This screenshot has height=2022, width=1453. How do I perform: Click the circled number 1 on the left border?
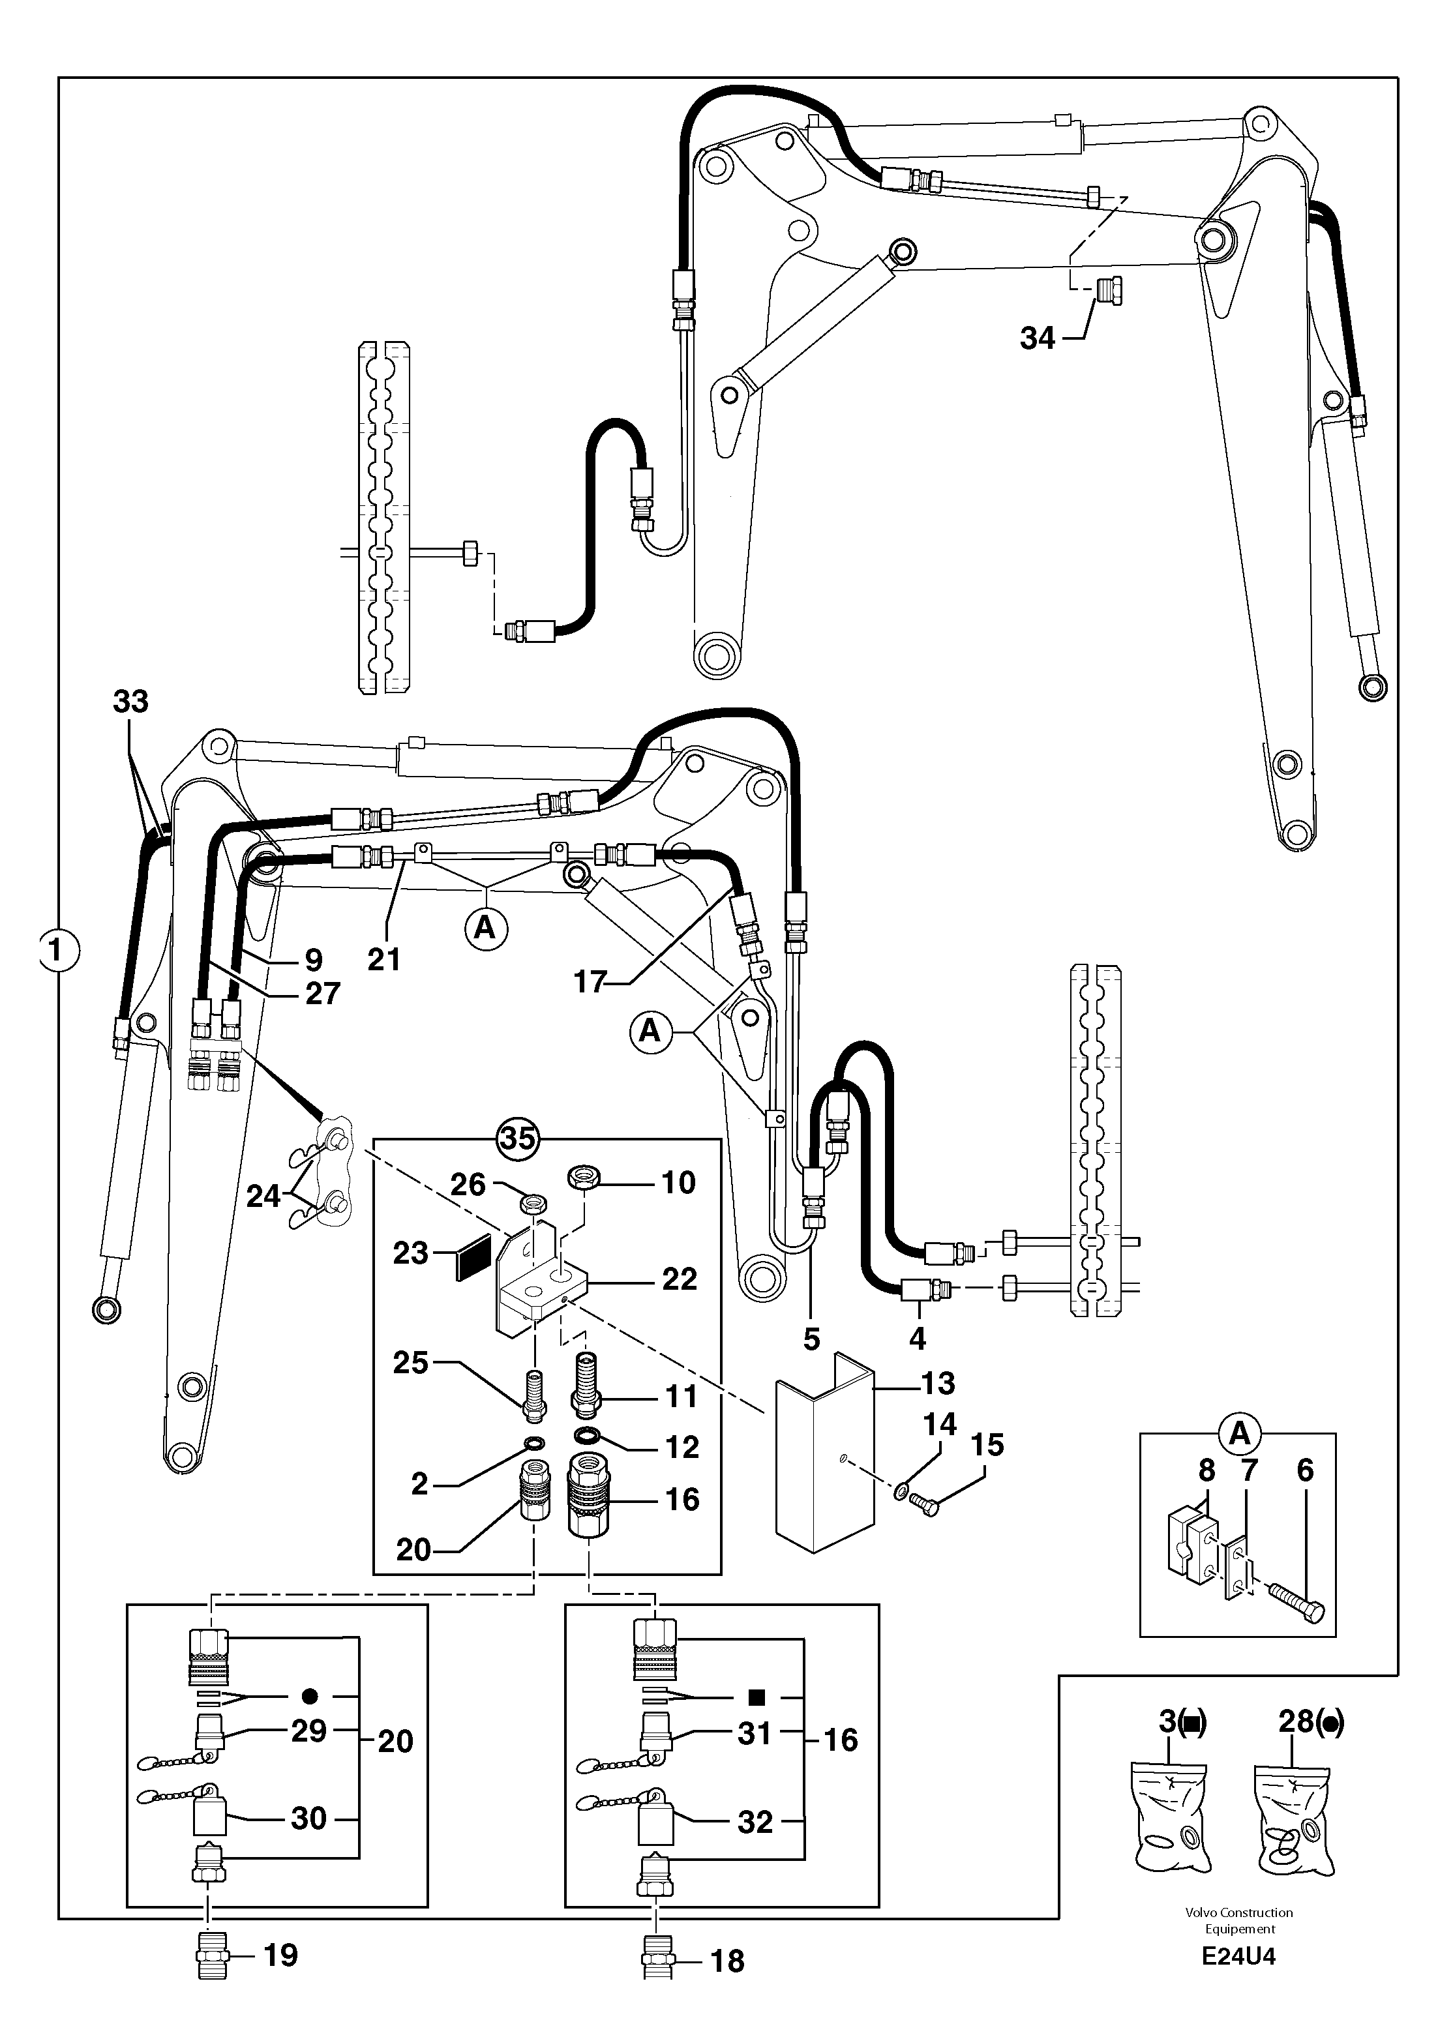(58, 951)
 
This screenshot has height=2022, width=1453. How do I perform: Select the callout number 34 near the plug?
(1037, 339)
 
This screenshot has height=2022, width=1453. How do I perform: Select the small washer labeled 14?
(902, 1488)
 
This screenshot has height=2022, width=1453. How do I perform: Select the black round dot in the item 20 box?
(309, 1696)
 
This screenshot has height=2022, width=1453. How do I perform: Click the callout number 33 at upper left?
(130, 702)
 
